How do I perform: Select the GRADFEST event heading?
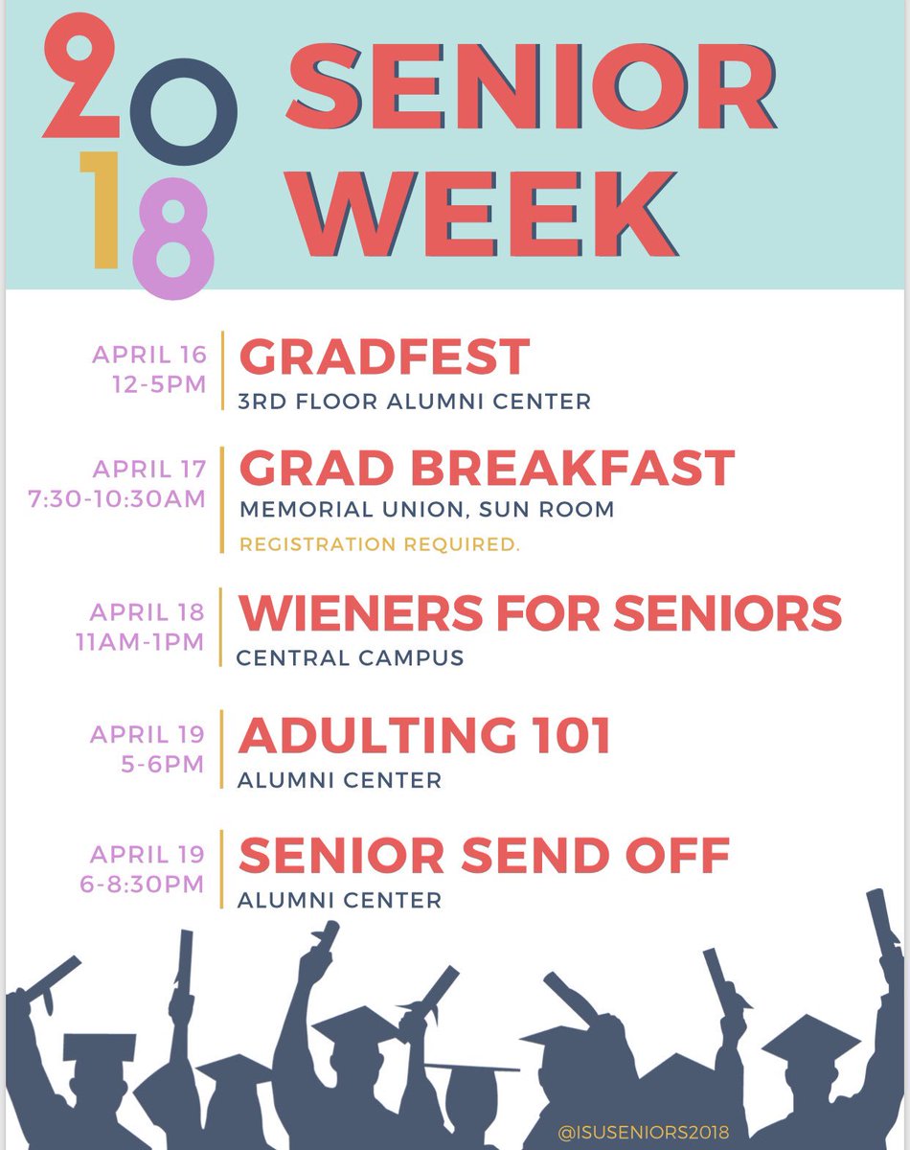[383, 357]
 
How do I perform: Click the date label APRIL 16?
[149, 355]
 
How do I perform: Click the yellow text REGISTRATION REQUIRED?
[379, 544]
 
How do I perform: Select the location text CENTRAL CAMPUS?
[350, 658]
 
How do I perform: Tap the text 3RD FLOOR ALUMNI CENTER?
[414, 402]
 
